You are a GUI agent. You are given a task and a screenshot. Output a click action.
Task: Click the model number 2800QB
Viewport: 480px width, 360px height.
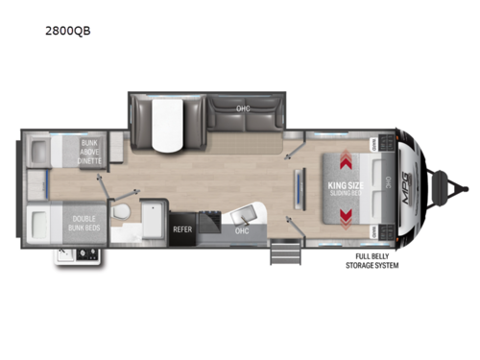click(72, 29)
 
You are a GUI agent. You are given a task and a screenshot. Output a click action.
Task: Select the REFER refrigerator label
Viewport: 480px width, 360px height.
click(183, 229)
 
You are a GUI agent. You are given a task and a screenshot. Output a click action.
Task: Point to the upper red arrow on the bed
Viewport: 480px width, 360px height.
click(343, 154)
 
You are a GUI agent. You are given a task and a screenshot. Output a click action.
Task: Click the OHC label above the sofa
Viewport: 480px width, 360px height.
click(245, 108)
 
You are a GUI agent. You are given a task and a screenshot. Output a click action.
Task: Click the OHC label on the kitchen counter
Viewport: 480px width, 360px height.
click(242, 230)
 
